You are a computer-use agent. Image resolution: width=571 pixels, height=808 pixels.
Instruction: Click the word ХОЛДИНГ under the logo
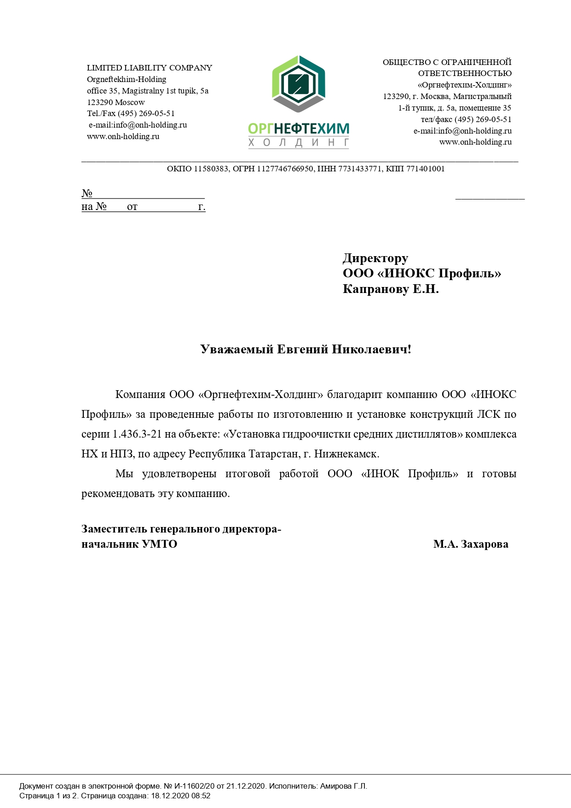pyautogui.click(x=299, y=143)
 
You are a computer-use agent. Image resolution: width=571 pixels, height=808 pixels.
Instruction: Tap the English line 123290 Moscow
pyautogui.click(x=116, y=102)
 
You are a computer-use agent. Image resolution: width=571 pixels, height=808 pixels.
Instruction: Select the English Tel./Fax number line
pyautogui.click(x=131, y=113)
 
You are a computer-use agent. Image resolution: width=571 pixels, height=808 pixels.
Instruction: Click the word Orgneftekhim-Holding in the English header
pyautogui.click(x=127, y=79)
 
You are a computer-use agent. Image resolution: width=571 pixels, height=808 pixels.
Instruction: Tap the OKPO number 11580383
pyautogui.click(x=211, y=169)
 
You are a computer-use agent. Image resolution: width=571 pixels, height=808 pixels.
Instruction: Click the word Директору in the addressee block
pyautogui.click(x=375, y=258)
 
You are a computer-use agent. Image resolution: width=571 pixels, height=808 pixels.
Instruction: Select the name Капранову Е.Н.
pyautogui.click(x=391, y=289)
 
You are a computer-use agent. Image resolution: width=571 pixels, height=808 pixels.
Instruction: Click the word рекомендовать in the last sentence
pyautogui.click(x=118, y=493)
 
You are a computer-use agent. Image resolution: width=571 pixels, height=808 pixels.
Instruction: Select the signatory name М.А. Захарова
pyautogui.click(x=471, y=544)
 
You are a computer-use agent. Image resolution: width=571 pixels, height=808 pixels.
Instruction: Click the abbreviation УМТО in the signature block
pyautogui.click(x=160, y=544)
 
